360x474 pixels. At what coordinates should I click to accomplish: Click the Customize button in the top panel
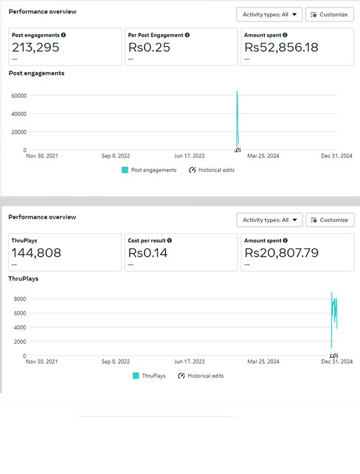point(329,15)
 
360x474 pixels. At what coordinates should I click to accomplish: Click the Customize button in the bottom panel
point(330,220)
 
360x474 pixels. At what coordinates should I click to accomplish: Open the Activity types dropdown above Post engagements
point(270,15)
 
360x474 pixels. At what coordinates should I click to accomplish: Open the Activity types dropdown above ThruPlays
point(270,220)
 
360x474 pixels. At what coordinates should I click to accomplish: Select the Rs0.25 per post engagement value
point(150,47)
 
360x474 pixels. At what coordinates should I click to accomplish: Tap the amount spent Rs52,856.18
point(281,47)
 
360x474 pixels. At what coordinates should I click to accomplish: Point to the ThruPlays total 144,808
point(39,253)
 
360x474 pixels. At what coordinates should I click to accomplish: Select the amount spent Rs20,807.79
point(281,253)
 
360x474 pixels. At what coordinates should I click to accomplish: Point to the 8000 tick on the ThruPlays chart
point(19,299)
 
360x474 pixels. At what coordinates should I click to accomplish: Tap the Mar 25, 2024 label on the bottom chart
point(264,362)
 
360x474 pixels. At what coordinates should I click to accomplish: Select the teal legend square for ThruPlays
point(135,375)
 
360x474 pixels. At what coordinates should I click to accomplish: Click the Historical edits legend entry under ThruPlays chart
point(200,375)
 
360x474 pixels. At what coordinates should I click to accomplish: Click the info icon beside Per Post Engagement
point(187,35)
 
